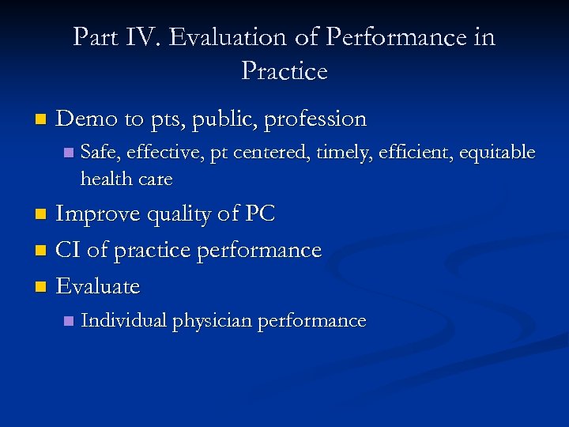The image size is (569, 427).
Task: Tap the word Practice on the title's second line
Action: (x=284, y=71)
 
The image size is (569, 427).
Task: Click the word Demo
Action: (x=87, y=119)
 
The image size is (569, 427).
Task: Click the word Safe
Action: (x=100, y=153)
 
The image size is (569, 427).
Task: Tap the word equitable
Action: (x=498, y=153)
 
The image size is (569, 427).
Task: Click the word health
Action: (x=106, y=179)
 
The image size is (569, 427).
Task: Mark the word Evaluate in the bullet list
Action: (x=98, y=286)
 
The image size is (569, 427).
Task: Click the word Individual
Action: (x=124, y=321)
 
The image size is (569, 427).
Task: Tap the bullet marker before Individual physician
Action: (x=69, y=322)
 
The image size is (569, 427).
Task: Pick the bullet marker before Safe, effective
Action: (x=69, y=153)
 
